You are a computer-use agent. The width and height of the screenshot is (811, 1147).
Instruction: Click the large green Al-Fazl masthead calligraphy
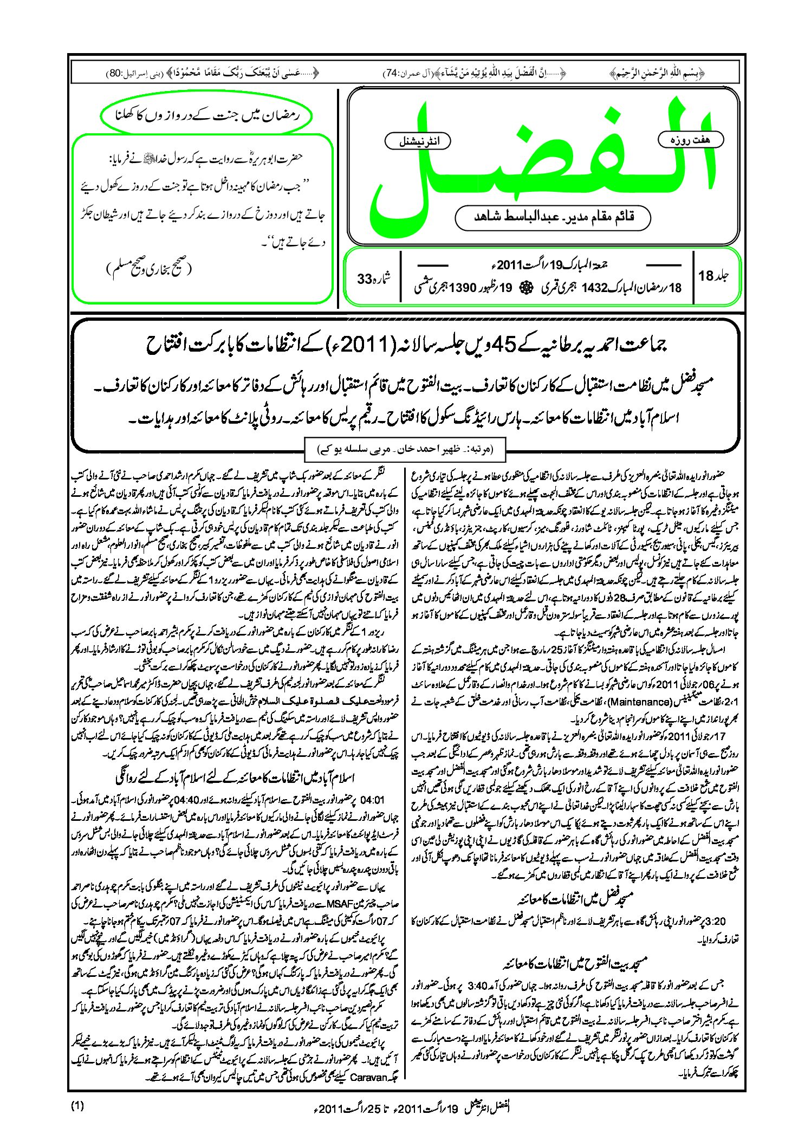coord(542,163)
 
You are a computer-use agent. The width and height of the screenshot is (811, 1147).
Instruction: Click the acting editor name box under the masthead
coord(553,217)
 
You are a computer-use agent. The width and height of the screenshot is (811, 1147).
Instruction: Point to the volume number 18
coord(706,276)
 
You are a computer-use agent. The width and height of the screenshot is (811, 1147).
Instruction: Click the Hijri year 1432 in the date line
coord(594,288)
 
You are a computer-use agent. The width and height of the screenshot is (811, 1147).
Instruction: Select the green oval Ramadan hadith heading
coord(207,115)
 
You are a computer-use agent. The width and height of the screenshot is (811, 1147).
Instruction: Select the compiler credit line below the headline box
coord(405,449)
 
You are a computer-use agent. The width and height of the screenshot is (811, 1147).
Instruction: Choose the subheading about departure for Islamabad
coord(235,778)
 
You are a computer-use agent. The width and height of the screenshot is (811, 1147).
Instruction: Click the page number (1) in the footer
coord(77,1106)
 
